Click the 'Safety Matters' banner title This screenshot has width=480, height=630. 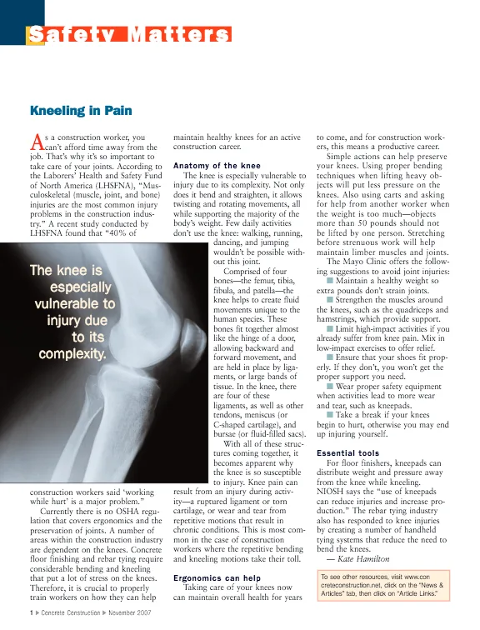128,35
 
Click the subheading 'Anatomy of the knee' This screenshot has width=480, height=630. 217,166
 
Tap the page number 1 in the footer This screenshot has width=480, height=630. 30,613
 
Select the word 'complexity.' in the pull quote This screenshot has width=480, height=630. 73,353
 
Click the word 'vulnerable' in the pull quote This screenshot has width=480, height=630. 75,303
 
